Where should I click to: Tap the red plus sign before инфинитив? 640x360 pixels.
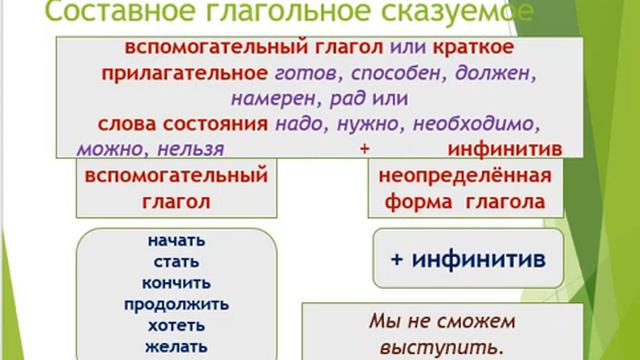pos(364,148)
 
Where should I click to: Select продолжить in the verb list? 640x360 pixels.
pos(176,304)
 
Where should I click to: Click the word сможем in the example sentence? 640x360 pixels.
pos(475,322)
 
